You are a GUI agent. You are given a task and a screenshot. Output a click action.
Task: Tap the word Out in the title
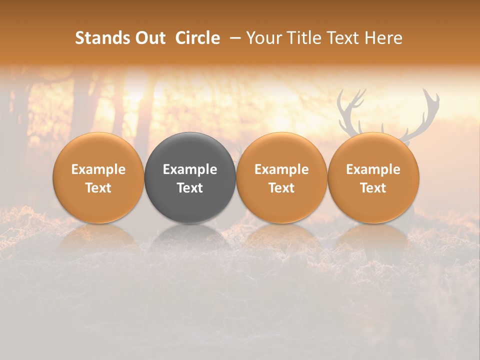point(150,38)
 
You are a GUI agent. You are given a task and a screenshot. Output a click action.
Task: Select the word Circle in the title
point(197,38)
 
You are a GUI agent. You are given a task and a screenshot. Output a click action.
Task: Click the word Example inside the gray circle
point(190,169)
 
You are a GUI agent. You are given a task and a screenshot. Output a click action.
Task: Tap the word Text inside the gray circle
point(190,188)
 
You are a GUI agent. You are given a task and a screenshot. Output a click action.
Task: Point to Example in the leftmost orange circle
point(98,169)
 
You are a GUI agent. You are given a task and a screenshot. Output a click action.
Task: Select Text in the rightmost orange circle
point(373,188)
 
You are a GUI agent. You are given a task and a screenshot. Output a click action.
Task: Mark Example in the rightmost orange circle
point(373,169)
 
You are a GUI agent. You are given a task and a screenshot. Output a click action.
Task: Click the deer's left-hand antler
point(350,110)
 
